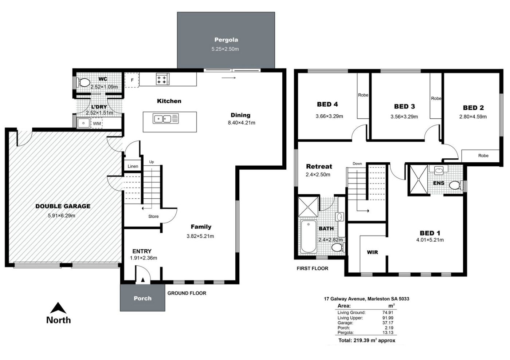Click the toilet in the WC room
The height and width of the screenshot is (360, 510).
coord(83,82)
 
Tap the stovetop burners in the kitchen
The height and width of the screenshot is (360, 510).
coord(162,79)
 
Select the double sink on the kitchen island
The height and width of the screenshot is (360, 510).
coord(165,119)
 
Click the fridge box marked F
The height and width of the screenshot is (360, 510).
coord(132,80)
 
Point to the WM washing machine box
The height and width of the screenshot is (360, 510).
coord(97,123)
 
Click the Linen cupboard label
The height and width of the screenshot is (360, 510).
coord(133,166)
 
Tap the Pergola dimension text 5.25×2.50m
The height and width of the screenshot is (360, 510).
coord(225,49)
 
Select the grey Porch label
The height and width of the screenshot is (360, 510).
coord(142,298)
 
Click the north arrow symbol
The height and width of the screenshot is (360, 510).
coord(58,308)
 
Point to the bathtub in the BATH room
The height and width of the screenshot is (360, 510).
coord(309,237)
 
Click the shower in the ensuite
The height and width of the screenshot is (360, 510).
coord(419,180)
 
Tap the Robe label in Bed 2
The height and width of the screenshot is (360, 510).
coord(483,156)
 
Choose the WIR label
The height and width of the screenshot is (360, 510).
coord(372,252)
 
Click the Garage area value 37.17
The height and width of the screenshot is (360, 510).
coord(388,323)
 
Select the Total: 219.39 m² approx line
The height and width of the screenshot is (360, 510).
coord(367,340)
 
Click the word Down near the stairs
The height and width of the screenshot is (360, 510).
coord(357,163)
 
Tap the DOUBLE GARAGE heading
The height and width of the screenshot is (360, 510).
coord(63,206)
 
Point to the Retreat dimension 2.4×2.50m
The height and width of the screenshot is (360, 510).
coord(318,174)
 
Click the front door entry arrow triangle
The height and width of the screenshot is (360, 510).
coord(143,280)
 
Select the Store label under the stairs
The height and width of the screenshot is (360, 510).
coord(153,217)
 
